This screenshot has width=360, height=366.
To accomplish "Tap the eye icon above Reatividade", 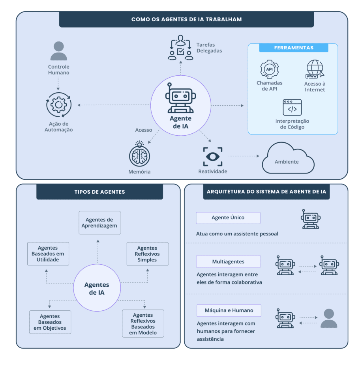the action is pos(213,157).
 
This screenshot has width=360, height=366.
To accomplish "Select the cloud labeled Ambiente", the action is pos(288,159).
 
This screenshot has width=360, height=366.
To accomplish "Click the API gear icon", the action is pos(269,69).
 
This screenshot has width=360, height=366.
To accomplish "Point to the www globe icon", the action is pos(315,69).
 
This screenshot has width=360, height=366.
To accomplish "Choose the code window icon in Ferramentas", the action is pos(292,107).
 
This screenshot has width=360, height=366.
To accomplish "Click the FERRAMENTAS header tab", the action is pos(294,48).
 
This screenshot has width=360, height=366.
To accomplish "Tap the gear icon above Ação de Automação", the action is pos(59,105).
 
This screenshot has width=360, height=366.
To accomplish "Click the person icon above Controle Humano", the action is pos(59,51).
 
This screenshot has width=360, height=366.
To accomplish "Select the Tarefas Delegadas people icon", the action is pos(180,48).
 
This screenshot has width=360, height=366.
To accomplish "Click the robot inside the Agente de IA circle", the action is pos(180,98).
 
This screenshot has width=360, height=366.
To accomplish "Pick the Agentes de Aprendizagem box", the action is pos(99,223).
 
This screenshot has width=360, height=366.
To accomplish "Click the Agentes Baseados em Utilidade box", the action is pos(48,254).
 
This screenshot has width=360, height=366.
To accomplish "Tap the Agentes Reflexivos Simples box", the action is pos(147,254).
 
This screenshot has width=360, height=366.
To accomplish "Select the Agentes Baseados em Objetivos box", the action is pos(50,322).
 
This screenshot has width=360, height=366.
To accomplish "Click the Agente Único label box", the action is pos(228,218).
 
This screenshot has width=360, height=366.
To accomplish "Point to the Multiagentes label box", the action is pos(228,261).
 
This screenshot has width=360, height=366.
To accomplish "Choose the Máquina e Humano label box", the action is pos(229,310).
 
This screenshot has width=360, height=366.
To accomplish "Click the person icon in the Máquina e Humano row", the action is pos(329,318).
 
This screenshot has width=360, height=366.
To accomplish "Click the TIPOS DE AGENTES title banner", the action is pos(99,192).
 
